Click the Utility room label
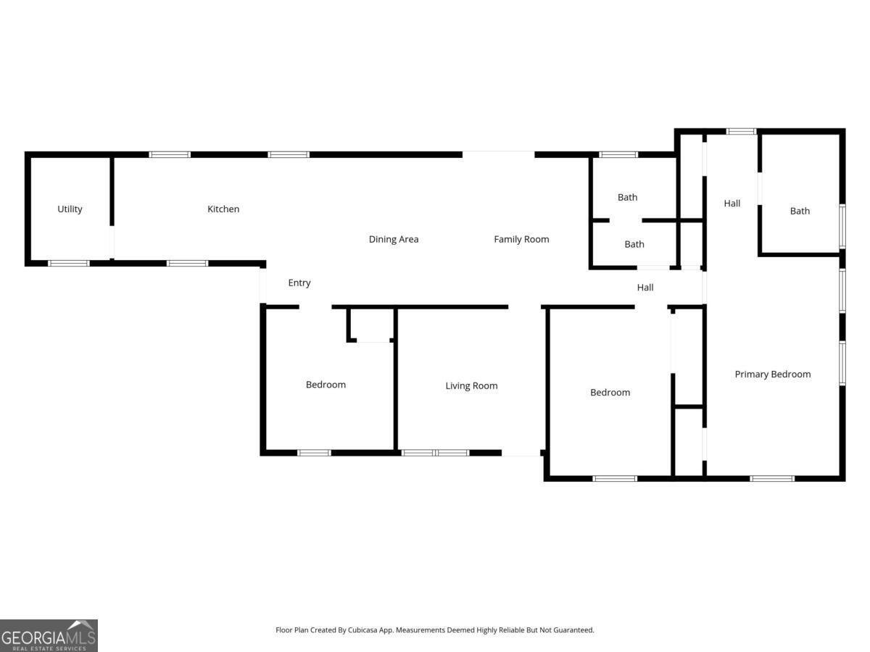point(70,209)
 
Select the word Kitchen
point(223,209)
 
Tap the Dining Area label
point(394,240)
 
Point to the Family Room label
point(521,240)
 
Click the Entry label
point(299,283)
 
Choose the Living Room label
point(471,386)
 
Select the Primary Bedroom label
point(773,375)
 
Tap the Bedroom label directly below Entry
point(326,385)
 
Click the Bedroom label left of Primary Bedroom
point(610,393)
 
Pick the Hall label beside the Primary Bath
point(732,204)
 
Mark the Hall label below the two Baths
point(645,288)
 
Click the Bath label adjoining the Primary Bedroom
point(800,212)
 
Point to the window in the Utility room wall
point(69,263)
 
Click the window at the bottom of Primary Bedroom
point(772,478)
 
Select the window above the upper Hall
point(741,131)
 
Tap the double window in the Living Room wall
point(435,453)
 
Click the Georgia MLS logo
point(49,635)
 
